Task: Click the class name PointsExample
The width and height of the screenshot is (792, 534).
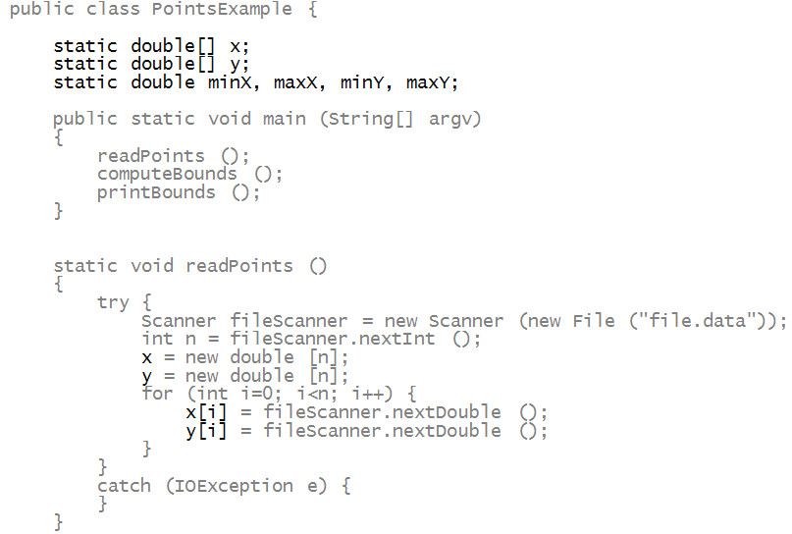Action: click(x=222, y=10)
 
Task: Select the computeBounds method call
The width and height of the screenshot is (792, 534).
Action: click(x=167, y=175)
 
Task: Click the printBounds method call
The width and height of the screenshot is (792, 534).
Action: click(x=156, y=192)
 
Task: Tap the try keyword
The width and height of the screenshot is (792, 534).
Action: click(x=113, y=302)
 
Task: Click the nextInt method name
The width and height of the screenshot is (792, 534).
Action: click(x=411, y=340)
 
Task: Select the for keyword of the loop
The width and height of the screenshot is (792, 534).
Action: click(x=157, y=394)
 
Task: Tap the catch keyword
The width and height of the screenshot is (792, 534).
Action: click(x=124, y=486)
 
